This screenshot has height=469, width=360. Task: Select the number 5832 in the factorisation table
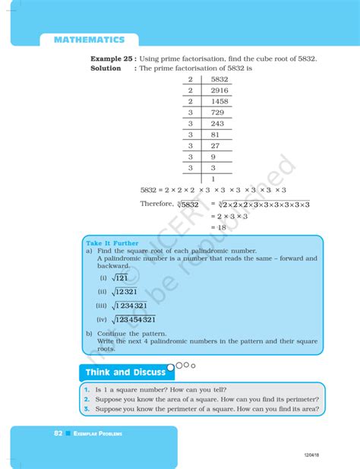click(219, 79)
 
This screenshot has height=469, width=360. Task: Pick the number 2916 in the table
click(219, 90)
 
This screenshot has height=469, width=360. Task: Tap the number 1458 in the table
click(219, 101)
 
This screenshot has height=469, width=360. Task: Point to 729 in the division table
click(217, 112)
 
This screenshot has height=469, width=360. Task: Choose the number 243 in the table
click(217, 123)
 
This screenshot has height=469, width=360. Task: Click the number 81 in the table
click(215, 135)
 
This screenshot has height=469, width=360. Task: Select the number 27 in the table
click(215, 145)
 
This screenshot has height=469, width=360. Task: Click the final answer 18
click(223, 227)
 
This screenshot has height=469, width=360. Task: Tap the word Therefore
click(157, 204)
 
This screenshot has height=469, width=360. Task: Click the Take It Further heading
click(112, 243)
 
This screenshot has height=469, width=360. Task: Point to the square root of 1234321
click(134, 306)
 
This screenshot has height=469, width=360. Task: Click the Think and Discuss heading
click(125, 372)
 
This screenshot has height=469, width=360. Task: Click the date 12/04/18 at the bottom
click(312, 454)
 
